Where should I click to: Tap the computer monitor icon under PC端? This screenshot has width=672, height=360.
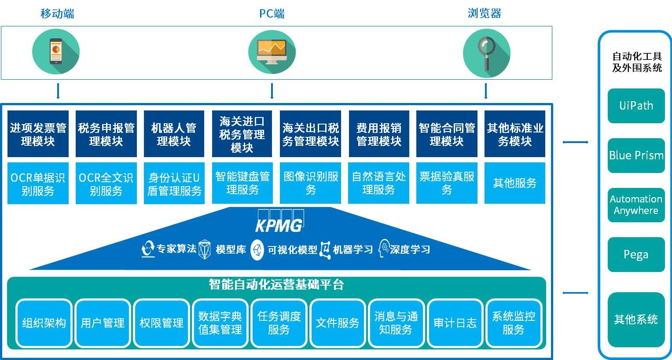tap(272, 51)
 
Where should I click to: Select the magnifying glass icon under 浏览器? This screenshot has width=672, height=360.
tap(487, 52)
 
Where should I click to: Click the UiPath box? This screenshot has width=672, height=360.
tap(636, 106)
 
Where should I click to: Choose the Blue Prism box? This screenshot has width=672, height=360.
tap(636, 155)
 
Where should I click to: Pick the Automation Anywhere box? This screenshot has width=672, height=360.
tap(636, 205)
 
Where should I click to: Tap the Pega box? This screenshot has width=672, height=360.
tap(636, 254)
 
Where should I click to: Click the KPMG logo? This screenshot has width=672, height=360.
tap(279, 222)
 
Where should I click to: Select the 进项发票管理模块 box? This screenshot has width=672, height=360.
tap(38, 134)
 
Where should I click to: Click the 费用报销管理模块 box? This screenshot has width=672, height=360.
tap(379, 134)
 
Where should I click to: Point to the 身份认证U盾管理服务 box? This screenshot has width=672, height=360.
tap(174, 184)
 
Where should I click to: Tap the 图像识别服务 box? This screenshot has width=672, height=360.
tap(311, 183)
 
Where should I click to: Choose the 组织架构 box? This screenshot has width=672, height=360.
tap(44, 323)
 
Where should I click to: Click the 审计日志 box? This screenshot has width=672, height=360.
tap(455, 323)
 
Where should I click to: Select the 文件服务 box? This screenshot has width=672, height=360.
tap(338, 323)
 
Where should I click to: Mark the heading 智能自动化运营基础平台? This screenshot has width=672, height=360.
tap(276, 284)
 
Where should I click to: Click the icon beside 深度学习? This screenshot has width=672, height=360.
tap(383, 249)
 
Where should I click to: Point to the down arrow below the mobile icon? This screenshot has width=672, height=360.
tap(58, 91)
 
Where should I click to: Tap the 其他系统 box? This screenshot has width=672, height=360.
tap(636, 319)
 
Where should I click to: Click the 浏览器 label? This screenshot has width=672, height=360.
tap(485, 13)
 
